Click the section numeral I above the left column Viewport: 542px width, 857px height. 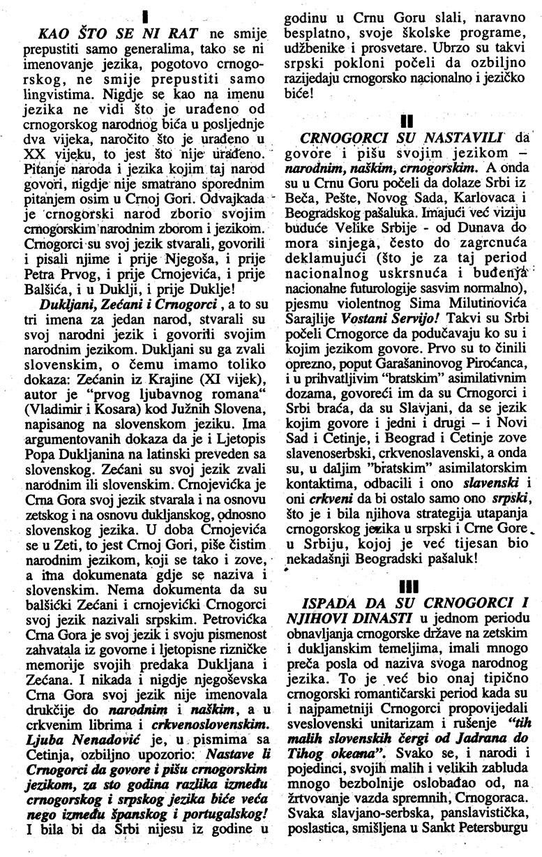click(142, 14)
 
